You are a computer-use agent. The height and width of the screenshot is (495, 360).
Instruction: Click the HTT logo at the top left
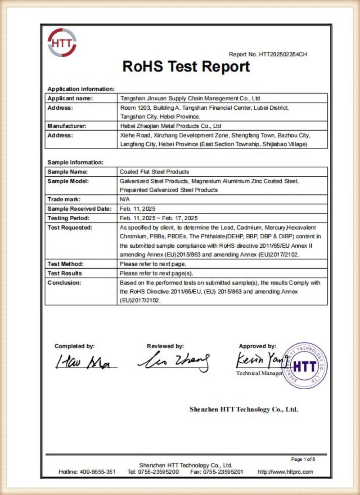(62, 42)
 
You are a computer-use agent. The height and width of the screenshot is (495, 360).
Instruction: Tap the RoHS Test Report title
(186, 67)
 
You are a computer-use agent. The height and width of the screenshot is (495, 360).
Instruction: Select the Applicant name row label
(70, 98)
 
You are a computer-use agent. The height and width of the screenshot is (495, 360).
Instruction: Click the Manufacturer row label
(67, 126)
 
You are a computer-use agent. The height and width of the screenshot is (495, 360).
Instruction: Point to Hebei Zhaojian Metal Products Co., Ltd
(171, 126)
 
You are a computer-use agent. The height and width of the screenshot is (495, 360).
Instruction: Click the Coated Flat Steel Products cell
(154, 171)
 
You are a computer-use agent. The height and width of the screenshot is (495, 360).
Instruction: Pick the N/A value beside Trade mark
(124, 199)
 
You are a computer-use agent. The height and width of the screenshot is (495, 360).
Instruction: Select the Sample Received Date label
(79, 209)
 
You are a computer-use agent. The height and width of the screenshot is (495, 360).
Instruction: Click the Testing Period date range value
(159, 218)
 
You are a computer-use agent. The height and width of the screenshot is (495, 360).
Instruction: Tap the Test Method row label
(65, 264)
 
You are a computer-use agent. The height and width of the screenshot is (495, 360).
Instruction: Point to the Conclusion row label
(64, 283)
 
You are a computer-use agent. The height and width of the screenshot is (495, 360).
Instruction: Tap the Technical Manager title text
(260, 373)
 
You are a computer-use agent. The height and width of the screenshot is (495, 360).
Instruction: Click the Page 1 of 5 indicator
(303, 459)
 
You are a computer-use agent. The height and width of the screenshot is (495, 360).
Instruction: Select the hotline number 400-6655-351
(98, 472)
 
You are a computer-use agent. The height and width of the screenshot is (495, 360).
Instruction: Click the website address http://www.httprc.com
(285, 472)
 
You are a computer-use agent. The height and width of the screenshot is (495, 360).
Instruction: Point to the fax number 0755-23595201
(223, 472)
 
